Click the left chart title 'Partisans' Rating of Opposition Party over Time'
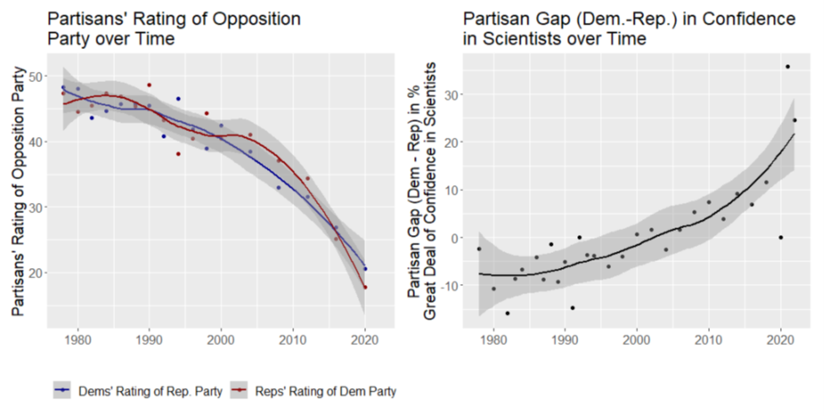coord(173,28)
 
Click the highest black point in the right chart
coord(788,67)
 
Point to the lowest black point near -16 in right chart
coord(508,314)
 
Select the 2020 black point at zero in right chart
coord(780,238)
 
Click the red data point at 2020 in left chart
coord(365,287)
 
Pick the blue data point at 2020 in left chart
coord(365,269)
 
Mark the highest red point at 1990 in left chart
coord(150,85)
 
